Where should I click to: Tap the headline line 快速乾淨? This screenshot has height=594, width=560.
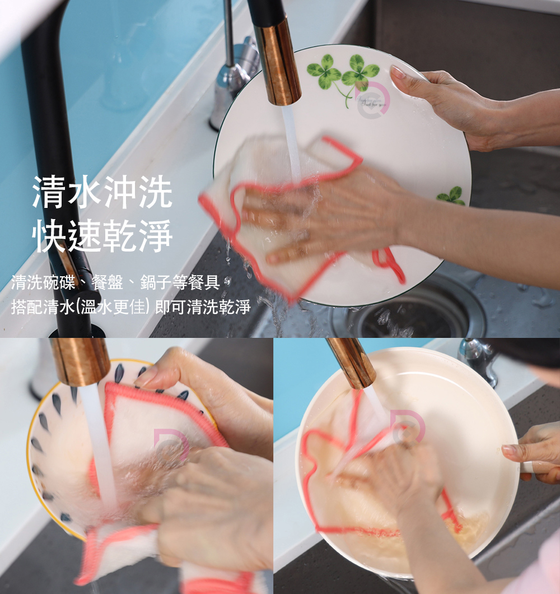click(102, 236)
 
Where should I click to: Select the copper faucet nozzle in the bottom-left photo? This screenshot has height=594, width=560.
click(81, 361)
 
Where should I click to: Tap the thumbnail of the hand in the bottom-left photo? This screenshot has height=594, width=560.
click(147, 377)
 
